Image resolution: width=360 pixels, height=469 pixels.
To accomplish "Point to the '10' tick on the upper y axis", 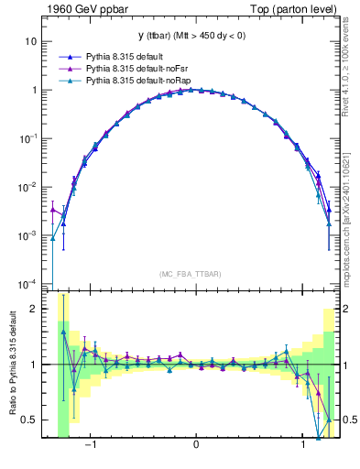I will pos(31,42).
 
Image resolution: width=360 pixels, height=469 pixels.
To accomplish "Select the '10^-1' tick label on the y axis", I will pos(28,138).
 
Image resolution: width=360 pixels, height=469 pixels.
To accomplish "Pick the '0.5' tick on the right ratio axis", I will pos(349,420).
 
